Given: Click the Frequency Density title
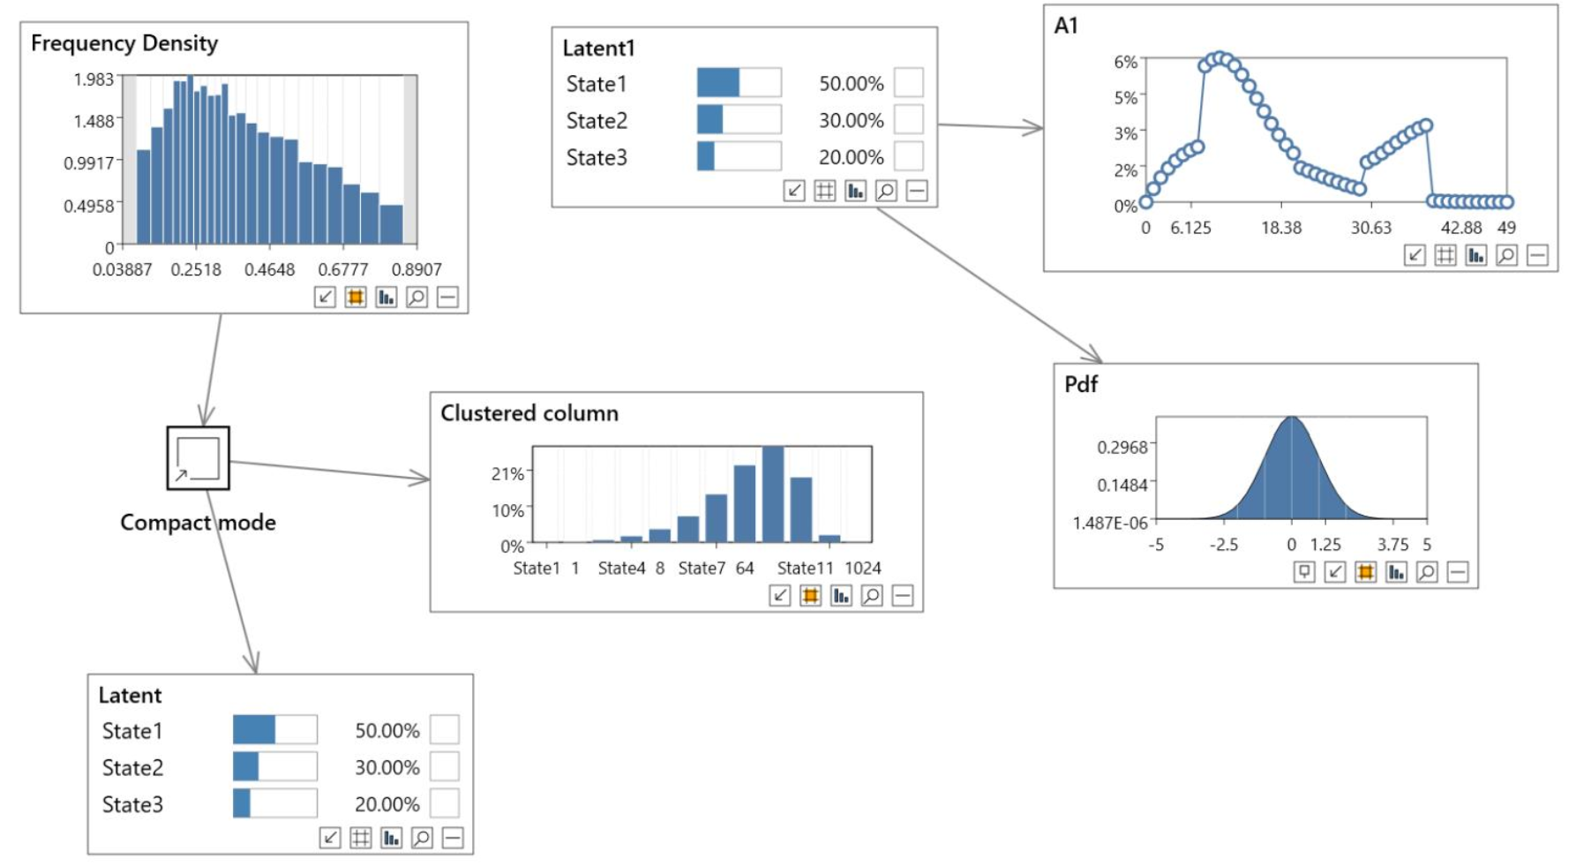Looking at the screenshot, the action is pyautogui.click(x=124, y=43).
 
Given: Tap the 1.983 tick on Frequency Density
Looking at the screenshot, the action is pyautogui.click(x=94, y=79).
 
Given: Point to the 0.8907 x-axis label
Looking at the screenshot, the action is pyautogui.click(x=417, y=269).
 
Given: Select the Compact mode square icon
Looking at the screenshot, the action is pyautogui.click(x=199, y=458).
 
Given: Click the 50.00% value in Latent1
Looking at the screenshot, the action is pyautogui.click(x=852, y=84).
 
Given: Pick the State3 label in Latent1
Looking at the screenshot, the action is pyautogui.click(x=597, y=157).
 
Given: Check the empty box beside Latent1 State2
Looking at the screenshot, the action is pyautogui.click(x=909, y=119).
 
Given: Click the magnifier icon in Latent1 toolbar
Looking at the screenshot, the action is pyautogui.click(x=886, y=191).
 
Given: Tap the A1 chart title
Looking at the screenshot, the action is pyautogui.click(x=1066, y=26).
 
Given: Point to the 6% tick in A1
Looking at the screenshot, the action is pyautogui.click(x=1125, y=62).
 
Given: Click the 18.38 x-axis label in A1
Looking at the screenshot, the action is pyautogui.click(x=1281, y=228).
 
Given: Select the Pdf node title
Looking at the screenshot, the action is pyautogui.click(x=1081, y=384).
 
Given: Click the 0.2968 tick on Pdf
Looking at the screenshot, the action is pyautogui.click(x=1122, y=447).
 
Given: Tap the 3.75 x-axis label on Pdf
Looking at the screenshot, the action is pyautogui.click(x=1392, y=545).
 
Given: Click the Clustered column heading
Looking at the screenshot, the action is pyautogui.click(x=529, y=413).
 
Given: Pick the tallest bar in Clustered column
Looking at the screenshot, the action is pyautogui.click(x=773, y=494).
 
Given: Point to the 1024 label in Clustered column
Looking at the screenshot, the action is pyautogui.click(x=863, y=568).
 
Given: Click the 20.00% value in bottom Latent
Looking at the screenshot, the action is pyautogui.click(x=387, y=804).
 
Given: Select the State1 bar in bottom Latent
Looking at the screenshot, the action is pyautogui.click(x=254, y=730).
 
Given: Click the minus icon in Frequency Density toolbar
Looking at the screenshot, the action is pyautogui.click(x=447, y=298).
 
